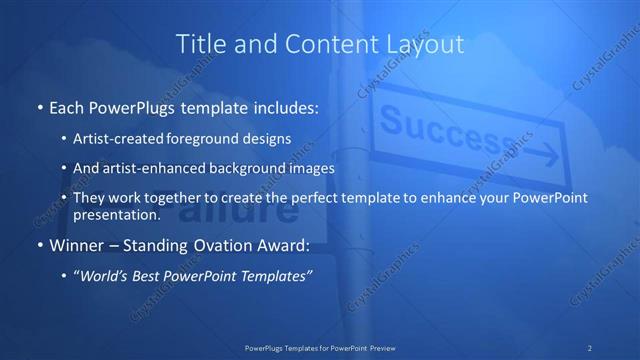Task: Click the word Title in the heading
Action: pos(198,43)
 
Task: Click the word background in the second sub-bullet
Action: pos(235,169)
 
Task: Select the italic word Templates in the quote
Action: pos(279,275)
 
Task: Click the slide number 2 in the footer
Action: pos(589,347)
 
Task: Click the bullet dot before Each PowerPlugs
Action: pos(39,105)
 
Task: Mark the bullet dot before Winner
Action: pos(39,245)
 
